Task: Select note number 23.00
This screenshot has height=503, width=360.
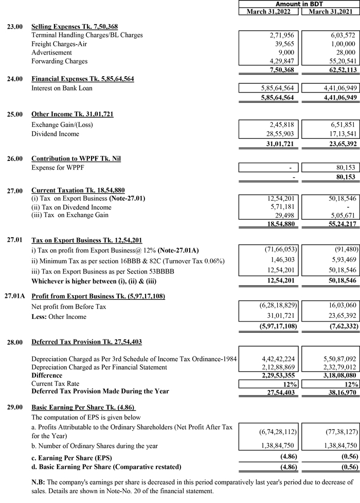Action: pos(14,26)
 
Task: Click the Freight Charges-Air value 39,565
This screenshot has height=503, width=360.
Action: pos(283,44)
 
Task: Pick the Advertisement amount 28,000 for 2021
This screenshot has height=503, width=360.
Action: pos(343,52)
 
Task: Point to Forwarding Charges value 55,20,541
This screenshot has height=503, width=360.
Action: pos(337,61)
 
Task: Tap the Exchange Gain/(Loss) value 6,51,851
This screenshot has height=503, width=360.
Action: pos(340,124)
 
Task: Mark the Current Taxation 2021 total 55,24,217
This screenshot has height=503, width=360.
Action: pos(337,225)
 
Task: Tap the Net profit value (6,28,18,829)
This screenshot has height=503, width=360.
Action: pos(274,307)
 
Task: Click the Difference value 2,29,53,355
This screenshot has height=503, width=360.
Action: pos(276,375)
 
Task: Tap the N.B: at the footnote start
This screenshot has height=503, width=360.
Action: pos(40,482)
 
